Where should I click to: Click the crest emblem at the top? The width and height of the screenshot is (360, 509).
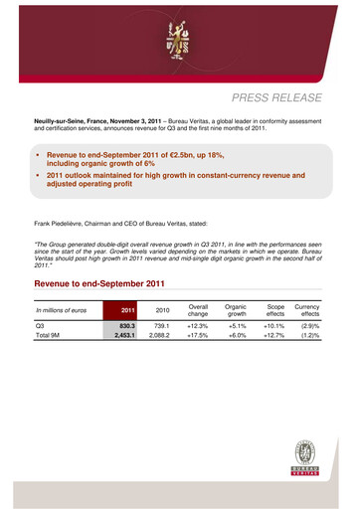pyautogui.click(x=179, y=37)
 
